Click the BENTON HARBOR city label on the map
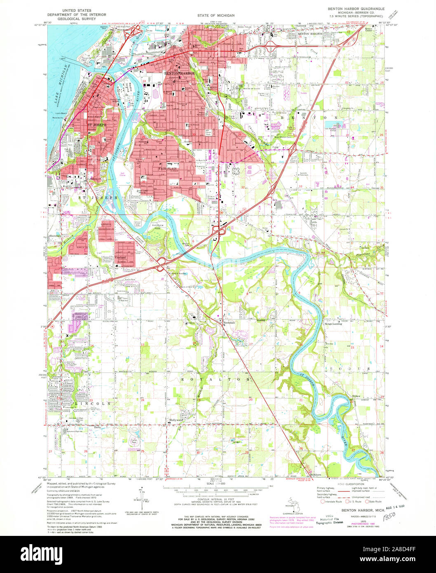click(x=179, y=73)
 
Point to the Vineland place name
click(x=120, y=257)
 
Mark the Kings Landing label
click(x=334, y=324)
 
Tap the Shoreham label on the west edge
click(x=54, y=236)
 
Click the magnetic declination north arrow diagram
click(x=142, y=499)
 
